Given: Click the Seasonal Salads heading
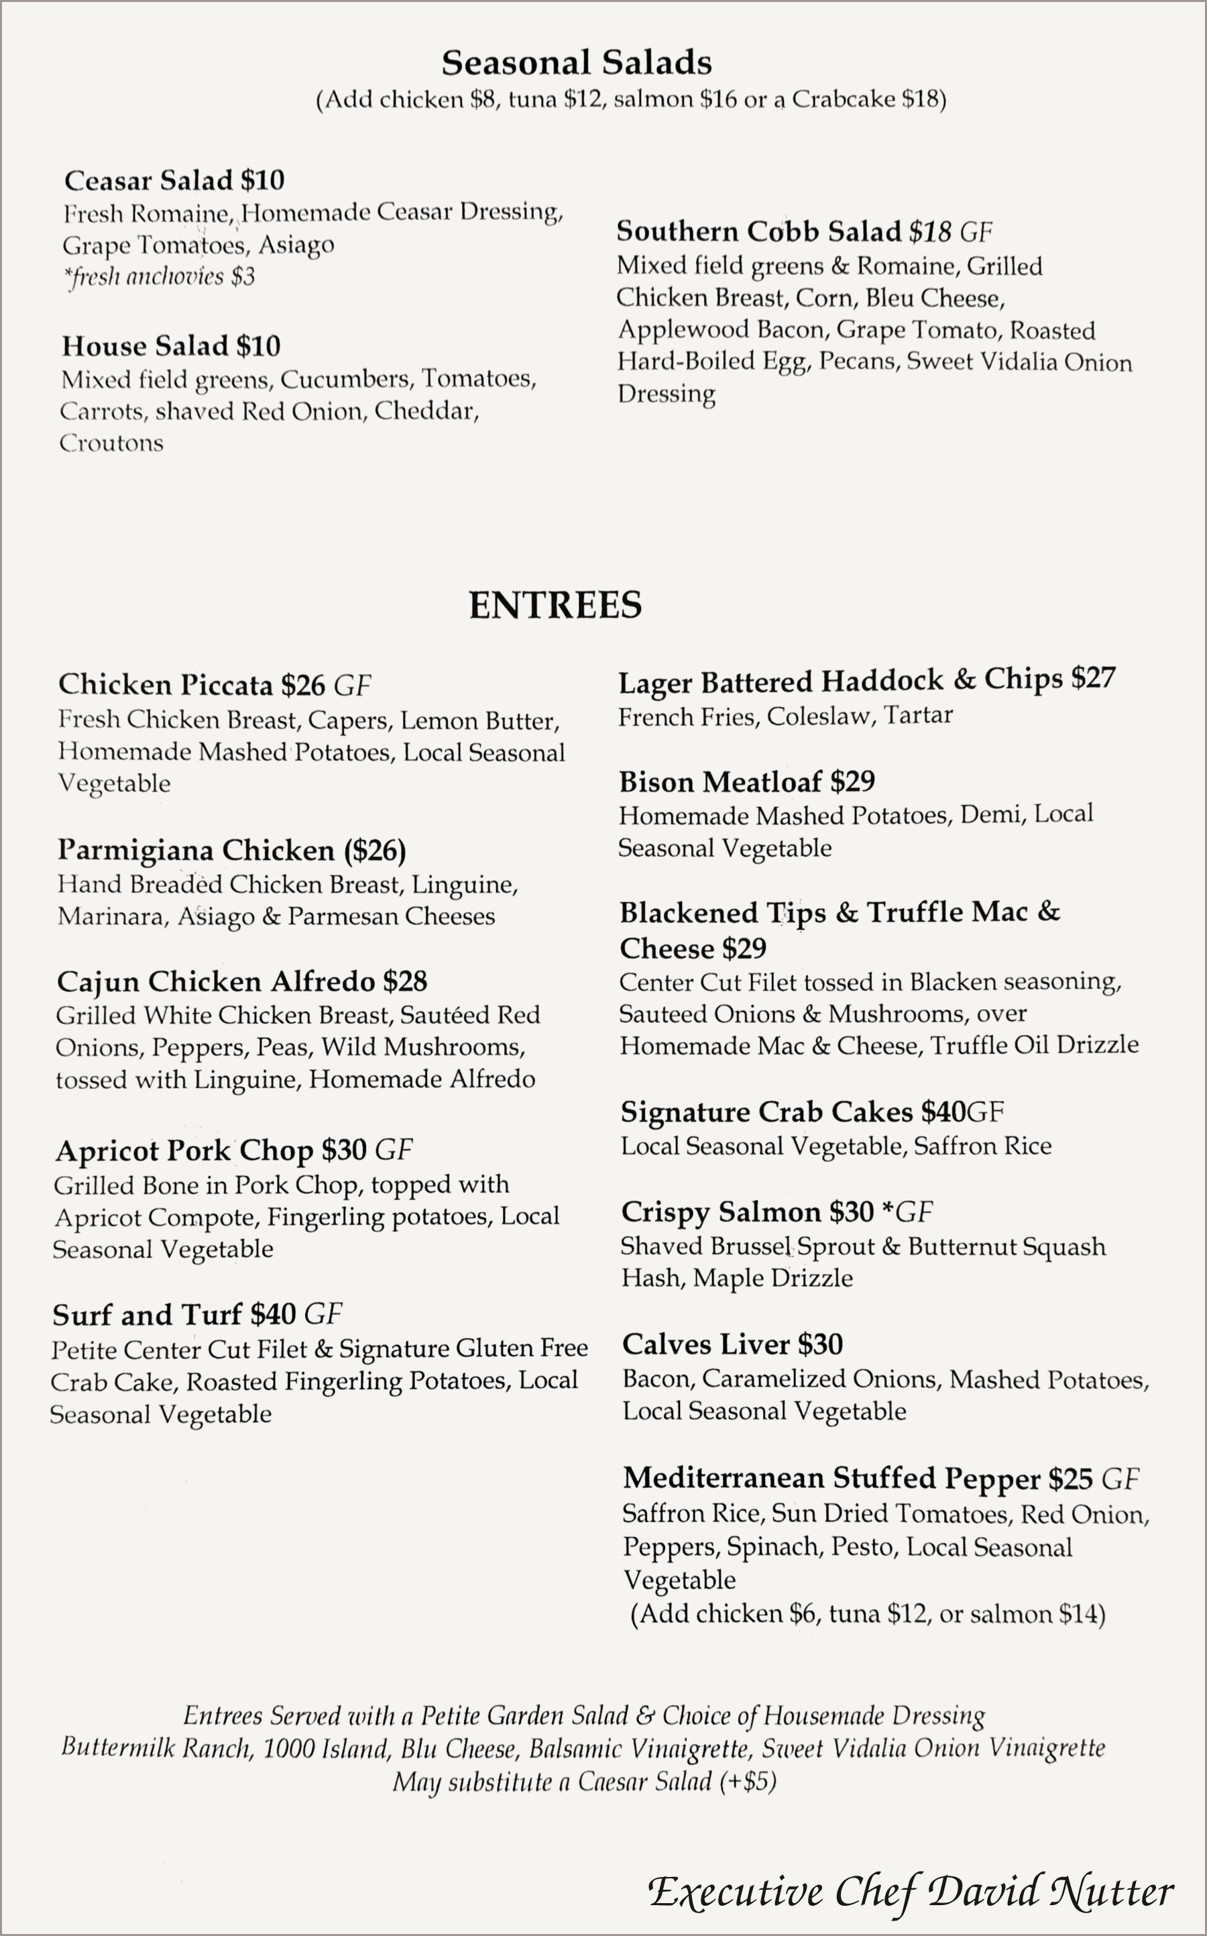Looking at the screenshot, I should pos(577,63).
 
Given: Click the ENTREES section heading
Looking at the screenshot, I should pos(555,605).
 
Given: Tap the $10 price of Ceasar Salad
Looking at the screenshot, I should pos(263,181).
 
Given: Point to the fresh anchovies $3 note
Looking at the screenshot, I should pos(160,277).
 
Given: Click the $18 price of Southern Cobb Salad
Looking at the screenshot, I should pos(930,232).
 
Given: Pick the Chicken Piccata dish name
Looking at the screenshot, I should pos(165,685).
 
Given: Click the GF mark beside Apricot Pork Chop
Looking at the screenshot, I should pos(394,1150).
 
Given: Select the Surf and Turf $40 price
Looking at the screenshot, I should pos(272,1315).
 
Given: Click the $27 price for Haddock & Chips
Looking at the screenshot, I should pos(1093,679).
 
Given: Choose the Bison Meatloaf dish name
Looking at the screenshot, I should pos(720,782).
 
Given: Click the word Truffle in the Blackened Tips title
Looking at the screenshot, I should pos(915,912).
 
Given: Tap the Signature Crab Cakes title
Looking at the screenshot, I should pos(766,1112).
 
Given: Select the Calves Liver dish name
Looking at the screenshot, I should pos(705,1345).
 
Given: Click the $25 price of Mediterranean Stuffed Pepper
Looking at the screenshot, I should pos(1070,1479).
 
